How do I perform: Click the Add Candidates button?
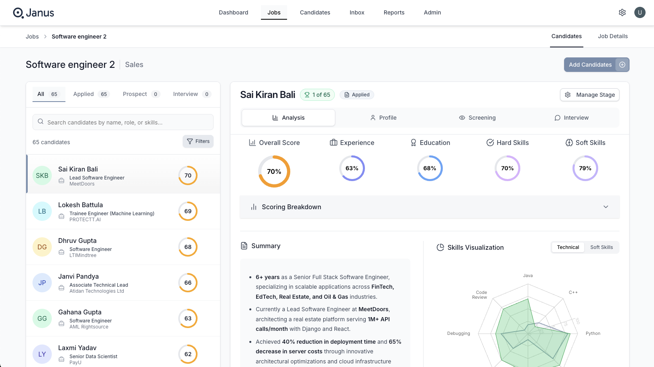coord(596,65)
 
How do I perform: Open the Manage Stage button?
coord(590,95)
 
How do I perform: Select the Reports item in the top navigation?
coord(394,12)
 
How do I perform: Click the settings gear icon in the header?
coord(622,12)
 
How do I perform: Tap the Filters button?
coord(198,141)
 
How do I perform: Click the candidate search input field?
coord(123,122)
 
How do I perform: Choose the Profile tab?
coord(383,118)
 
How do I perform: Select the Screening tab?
coord(477,118)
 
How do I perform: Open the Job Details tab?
coord(613,36)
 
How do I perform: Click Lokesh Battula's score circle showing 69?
coord(188,211)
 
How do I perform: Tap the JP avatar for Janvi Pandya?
coord(42,283)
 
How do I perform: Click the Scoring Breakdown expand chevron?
coord(606,207)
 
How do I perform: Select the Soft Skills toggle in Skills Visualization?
coord(601,247)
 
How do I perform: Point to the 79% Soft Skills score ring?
coord(585,168)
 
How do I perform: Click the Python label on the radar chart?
coord(593,333)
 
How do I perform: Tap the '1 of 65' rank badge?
coord(317,95)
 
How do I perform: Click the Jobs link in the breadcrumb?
coord(32,37)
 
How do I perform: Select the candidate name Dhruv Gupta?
coord(77,241)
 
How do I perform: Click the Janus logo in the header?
coord(34,13)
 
